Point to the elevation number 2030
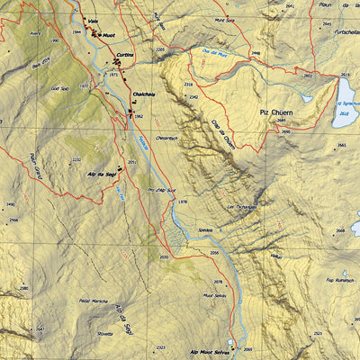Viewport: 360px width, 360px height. click(164, 257)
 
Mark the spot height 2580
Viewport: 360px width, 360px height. click(23, 289)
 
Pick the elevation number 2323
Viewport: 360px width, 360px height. click(160, 346)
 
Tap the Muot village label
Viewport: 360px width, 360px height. click(108, 35)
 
